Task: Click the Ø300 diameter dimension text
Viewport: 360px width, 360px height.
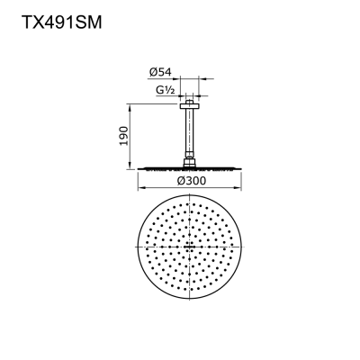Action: (x=190, y=180)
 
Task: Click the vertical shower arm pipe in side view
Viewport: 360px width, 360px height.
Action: (x=191, y=130)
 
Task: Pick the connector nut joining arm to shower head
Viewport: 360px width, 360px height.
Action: (x=191, y=162)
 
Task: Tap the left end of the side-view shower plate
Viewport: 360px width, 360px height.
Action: (x=139, y=167)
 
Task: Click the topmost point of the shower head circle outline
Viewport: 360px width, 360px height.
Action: (x=191, y=194)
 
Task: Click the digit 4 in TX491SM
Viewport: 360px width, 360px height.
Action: (x=45, y=22)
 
